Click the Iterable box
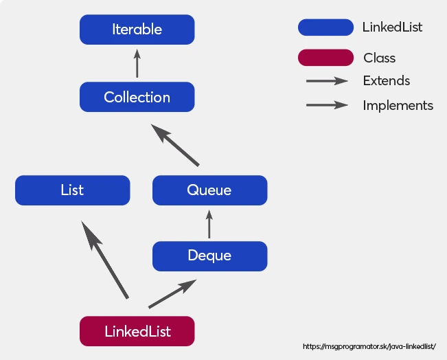click(x=137, y=30)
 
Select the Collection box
click(x=137, y=97)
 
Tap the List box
click(x=72, y=190)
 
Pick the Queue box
click(x=209, y=190)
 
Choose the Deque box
click(x=209, y=256)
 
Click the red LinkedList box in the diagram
click(x=137, y=331)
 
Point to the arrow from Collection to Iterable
click(x=137, y=63)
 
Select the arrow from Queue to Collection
click(x=175, y=145)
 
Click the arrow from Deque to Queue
click(x=209, y=224)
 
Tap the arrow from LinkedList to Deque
click(x=172, y=293)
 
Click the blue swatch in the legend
click(x=325, y=27)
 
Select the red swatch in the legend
click(x=325, y=58)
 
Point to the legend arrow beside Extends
click(x=327, y=81)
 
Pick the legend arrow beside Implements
click(x=327, y=105)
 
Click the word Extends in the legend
click(x=387, y=81)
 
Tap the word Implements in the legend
click(x=398, y=106)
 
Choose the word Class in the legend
click(x=380, y=58)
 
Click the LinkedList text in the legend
click(x=392, y=27)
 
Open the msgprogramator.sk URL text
click(x=369, y=347)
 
